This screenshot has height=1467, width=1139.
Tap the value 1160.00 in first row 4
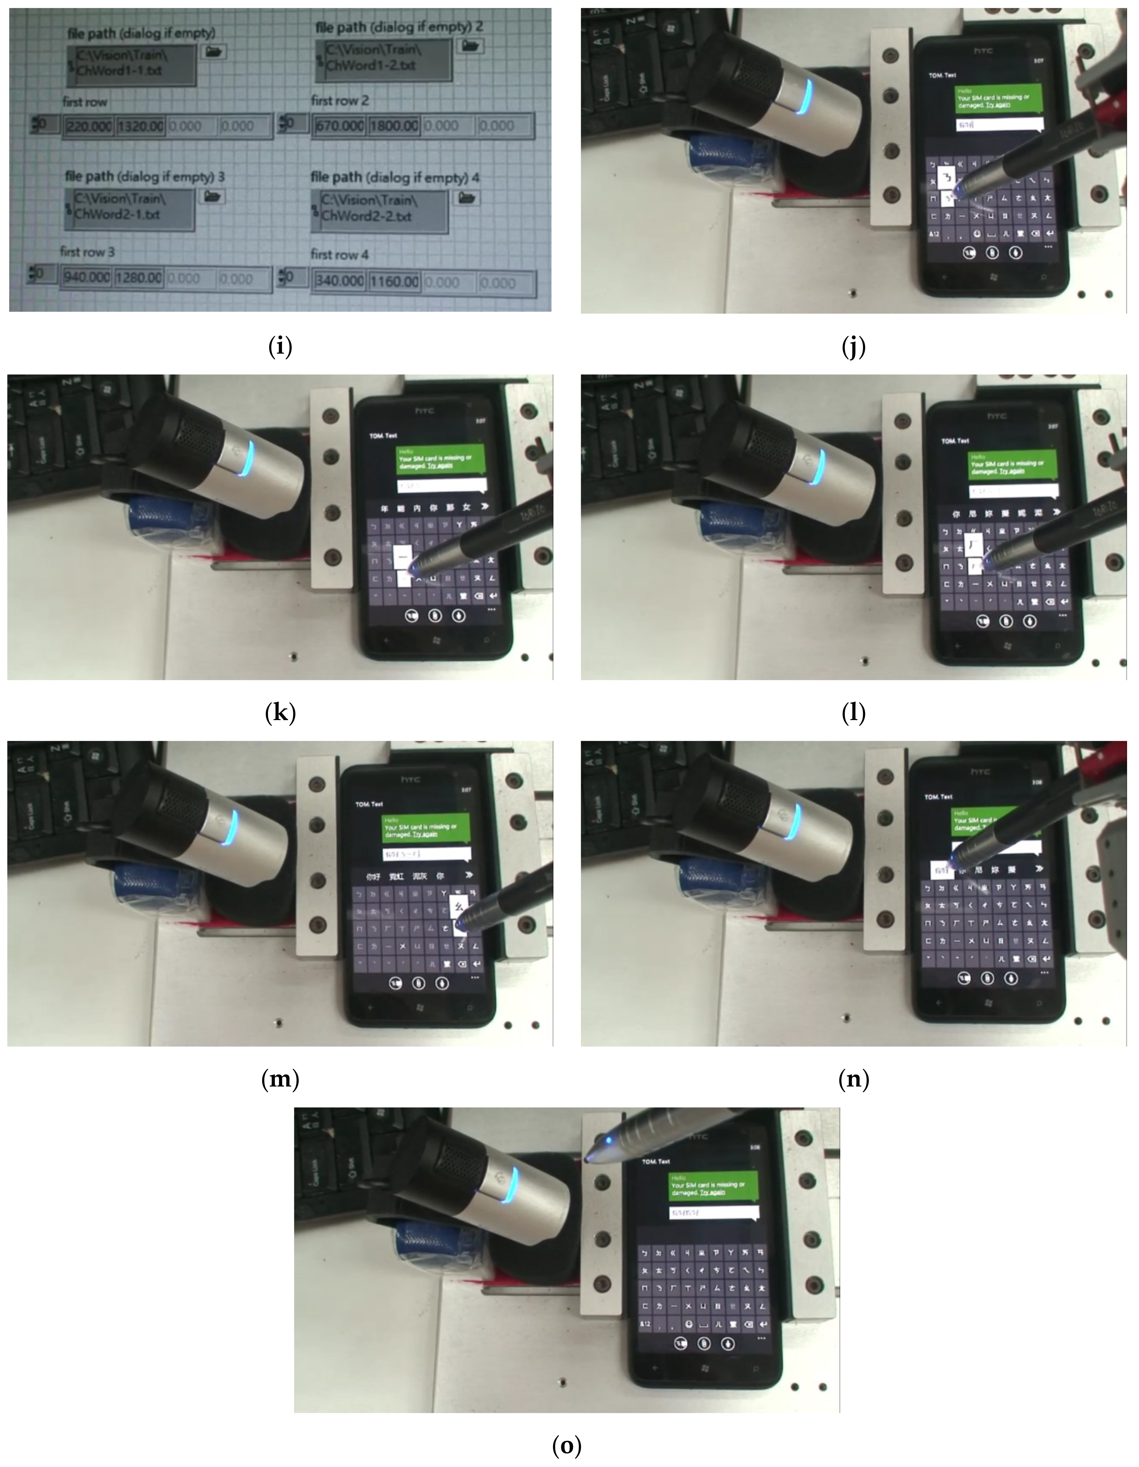coord(394,281)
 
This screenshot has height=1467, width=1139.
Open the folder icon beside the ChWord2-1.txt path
coord(213,196)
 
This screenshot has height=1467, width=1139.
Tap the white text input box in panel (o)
coord(714,1212)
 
